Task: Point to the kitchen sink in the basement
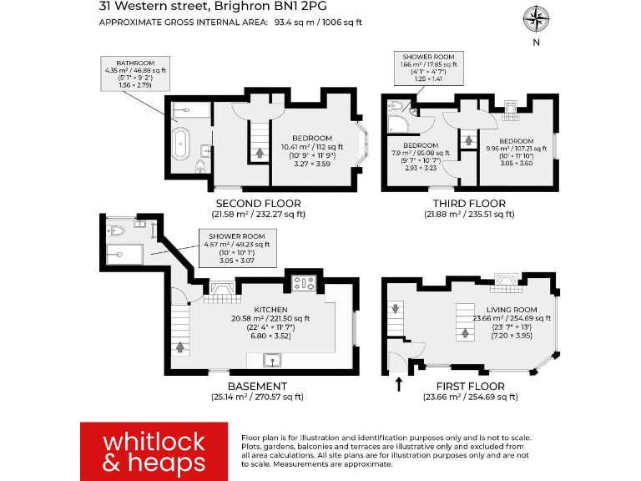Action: [x=272, y=361]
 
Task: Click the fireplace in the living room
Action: [x=506, y=279]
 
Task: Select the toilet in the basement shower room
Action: [x=116, y=227]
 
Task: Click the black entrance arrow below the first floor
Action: [x=398, y=384]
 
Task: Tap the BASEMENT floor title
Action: [x=257, y=387]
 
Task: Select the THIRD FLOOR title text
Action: [x=469, y=203]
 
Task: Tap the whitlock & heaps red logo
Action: [x=154, y=451]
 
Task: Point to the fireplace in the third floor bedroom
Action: [x=511, y=107]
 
